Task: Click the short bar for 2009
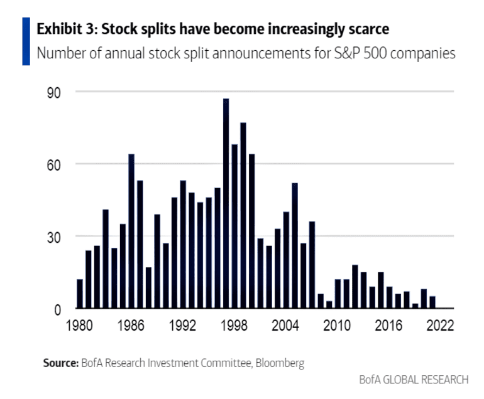click(329, 305)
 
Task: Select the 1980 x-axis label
click(80, 326)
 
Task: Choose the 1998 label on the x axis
click(234, 326)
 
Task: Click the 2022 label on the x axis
click(440, 326)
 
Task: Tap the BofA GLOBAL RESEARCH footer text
click(413, 379)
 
